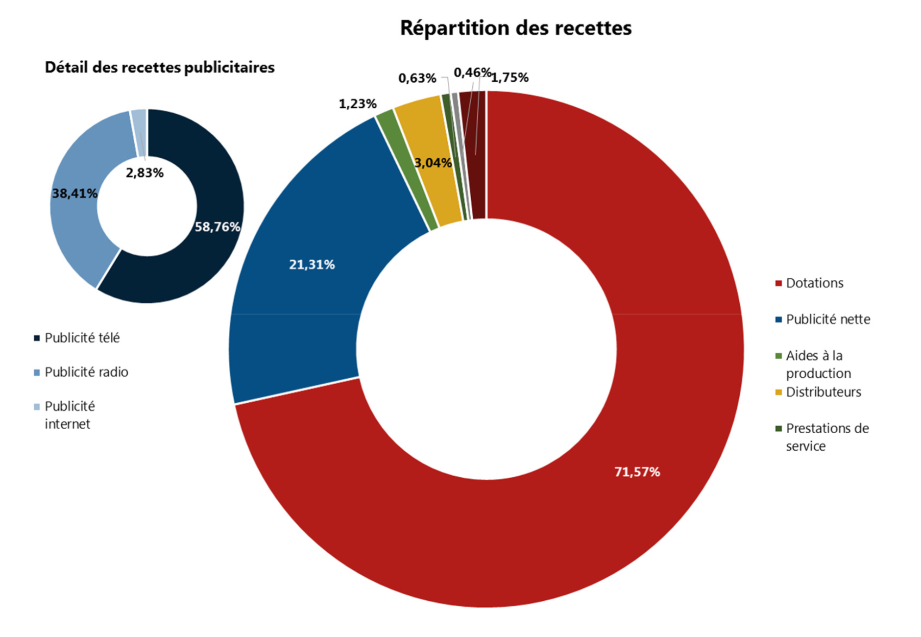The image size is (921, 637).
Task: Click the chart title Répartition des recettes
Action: [515, 28]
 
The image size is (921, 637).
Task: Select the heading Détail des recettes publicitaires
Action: [160, 68]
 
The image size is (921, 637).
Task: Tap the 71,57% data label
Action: [637, 472]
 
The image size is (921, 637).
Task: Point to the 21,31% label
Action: [312, 265]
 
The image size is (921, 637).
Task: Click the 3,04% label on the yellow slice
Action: [433, 163]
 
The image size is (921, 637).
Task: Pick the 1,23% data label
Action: [358, 104]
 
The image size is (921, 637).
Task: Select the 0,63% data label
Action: [417, 78]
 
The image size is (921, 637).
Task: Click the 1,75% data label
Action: [510, 78]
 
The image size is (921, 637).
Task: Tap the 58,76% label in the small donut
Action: [218, 227]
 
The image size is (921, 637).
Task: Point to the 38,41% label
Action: [74, 194]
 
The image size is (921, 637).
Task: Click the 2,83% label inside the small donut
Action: [145, 173]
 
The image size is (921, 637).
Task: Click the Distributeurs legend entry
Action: [823, 392]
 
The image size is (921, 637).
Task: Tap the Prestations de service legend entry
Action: [827, 437]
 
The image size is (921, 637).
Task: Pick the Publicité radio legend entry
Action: [86, 372]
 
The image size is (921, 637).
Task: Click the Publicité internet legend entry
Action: [69, 415]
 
